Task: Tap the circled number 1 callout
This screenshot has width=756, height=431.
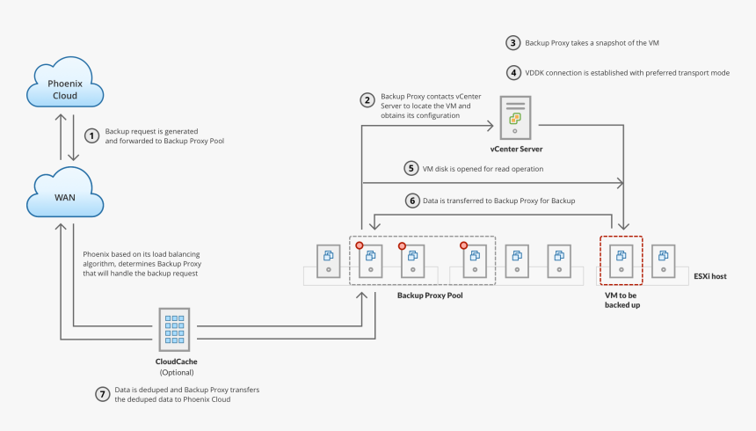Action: click(91, 135)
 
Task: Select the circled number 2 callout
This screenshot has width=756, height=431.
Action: click(367, 100)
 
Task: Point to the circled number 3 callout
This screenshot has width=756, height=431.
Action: click(512, 42)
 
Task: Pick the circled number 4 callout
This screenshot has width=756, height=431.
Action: click(512, 72)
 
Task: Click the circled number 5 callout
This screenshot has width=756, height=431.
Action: click(410, 168)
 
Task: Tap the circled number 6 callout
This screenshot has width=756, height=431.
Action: click(410, 201)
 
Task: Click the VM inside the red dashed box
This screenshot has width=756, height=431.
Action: click(621, 259)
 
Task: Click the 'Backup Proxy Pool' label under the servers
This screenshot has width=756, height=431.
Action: click(430, 296)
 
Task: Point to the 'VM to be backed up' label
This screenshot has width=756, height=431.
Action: click(622, 301)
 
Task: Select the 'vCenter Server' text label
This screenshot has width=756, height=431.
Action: click(516, 150)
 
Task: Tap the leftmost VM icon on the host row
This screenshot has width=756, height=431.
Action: click(329, 259)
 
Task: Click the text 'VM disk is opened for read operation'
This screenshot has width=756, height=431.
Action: click(483, 168)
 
